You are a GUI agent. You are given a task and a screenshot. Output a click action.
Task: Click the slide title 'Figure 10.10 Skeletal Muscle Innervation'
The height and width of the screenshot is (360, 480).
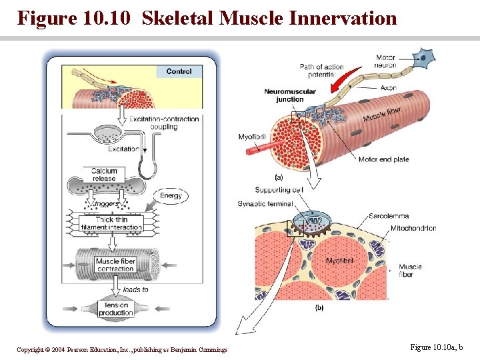[207, 18]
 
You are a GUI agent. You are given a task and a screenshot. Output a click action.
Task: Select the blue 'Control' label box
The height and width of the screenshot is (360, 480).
[179, 71]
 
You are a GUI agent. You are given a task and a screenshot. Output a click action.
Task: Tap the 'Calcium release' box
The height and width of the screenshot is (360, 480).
[104, 175]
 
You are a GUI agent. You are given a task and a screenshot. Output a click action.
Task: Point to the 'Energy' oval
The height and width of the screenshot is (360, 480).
[171, 195]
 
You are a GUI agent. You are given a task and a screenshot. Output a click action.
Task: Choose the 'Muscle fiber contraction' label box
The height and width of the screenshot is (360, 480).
[115, 265]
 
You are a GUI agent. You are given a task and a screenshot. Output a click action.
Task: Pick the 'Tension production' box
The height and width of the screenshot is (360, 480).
[115, 309]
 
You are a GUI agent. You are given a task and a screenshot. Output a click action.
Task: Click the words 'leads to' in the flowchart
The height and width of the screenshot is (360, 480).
[136, 290]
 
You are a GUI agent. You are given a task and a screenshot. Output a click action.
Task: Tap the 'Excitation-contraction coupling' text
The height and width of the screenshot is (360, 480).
[164, 123]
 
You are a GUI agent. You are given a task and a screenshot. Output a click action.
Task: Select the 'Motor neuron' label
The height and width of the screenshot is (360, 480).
[385, 61]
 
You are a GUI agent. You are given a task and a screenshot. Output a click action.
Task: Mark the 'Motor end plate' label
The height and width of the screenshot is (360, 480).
[383, 159]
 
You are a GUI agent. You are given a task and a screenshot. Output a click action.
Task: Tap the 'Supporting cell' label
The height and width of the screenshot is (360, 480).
[279, 190]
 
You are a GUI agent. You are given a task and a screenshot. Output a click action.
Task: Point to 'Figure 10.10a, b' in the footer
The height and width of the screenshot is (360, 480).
[436, 347]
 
